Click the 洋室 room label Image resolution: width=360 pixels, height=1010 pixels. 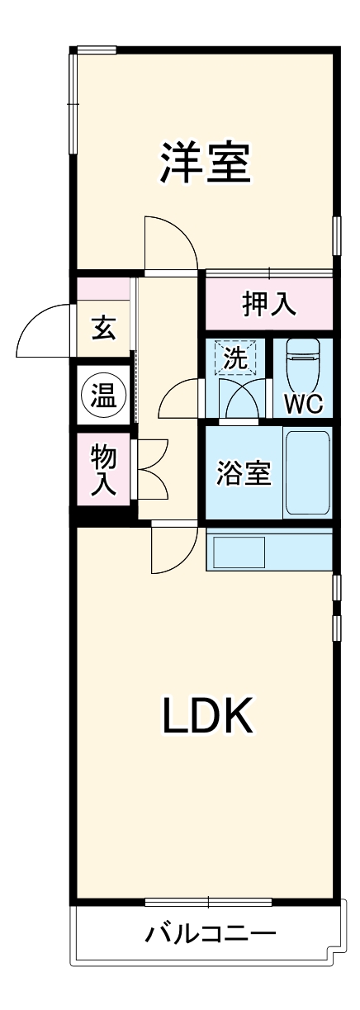coord(206,163)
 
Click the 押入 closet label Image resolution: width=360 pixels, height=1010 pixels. coord(268,304)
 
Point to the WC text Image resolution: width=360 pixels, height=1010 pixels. coord(303,404)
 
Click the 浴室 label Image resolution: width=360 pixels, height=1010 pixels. coord(244,474)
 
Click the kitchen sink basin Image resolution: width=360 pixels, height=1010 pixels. coord(239,550)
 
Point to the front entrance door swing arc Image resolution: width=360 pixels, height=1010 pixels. coord(43,331)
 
